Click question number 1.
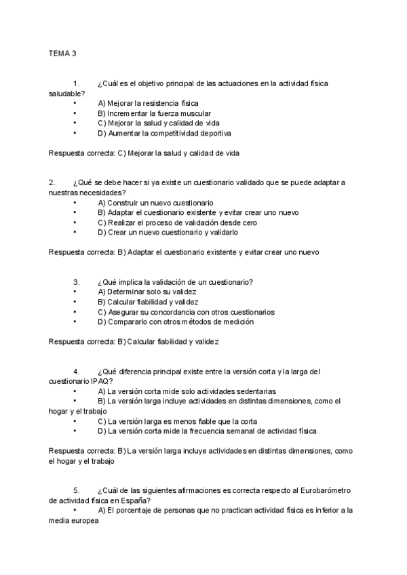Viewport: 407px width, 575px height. pyautogui.click(x=76, y=84)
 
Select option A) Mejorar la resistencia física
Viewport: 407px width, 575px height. pyautogui.click(x=138, y=104)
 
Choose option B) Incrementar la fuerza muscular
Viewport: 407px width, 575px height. pyautogui.click(x=154, y=114)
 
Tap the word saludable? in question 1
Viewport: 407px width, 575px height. pyautogui.click(x=66, y=94)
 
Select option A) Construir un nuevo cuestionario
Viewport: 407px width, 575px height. pyautogui.click(x=155, y=203)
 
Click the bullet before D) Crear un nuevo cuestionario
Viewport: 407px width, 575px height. pyautogui.click(x=74, y=232)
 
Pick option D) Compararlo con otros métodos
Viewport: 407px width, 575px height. pyautogui.click(x=176, y=322)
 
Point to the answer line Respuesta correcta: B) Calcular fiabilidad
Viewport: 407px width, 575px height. pyautogui.click(x=134, y=342)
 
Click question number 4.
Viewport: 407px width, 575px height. pyautogui.click(x=76, y=372)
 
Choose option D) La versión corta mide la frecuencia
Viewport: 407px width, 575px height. pyautogui.click(x=206, y=431)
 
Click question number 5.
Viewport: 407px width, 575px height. pyautogui.click(x=76, y=490)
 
